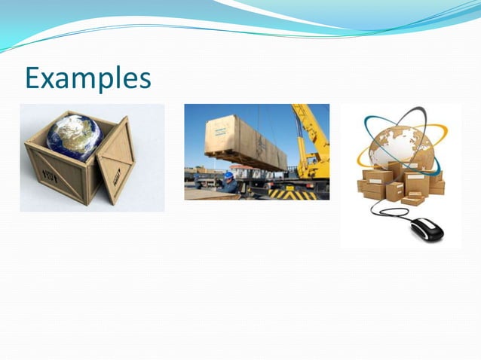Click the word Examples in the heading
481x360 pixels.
(87, 78)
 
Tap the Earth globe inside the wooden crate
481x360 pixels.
(74, 136)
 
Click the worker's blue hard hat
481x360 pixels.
(228, 175)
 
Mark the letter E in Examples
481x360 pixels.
(32, 78)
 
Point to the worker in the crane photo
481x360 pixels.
(228, 182)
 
